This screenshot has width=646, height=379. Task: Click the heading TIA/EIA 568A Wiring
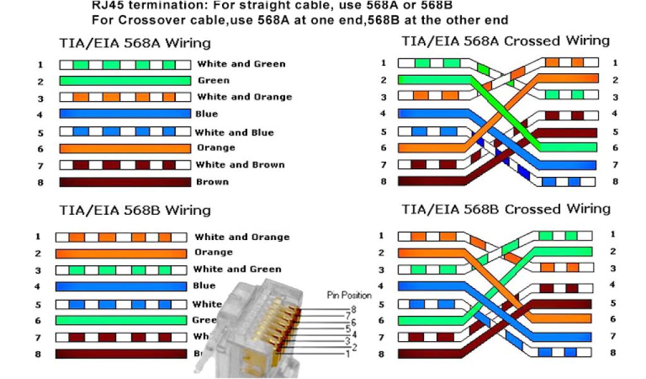135,44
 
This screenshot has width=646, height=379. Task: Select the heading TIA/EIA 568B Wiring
135,210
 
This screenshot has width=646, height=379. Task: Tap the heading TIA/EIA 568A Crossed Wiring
505,41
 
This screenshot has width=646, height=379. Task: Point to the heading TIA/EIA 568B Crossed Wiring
506,209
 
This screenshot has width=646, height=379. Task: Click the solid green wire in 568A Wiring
125,80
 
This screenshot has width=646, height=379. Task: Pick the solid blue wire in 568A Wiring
125,114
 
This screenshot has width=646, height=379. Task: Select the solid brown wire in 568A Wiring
125,182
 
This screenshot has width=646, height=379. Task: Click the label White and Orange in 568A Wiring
244,97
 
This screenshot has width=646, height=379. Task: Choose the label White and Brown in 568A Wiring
240,165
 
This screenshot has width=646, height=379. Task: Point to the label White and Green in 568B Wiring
237,269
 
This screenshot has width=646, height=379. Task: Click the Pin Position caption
349,295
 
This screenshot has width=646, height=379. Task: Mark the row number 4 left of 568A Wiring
40,114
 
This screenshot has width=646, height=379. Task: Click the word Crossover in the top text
139,20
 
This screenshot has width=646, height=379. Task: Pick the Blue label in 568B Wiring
204,286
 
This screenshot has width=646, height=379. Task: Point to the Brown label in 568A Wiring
213,182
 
